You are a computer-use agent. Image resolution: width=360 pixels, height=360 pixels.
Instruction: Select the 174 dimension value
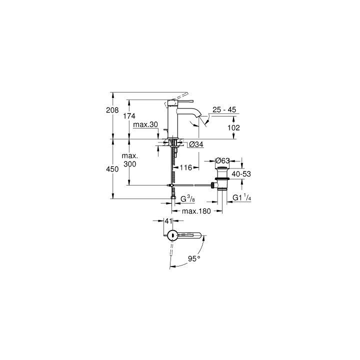128,116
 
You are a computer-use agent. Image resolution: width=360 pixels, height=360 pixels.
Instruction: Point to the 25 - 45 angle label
224,109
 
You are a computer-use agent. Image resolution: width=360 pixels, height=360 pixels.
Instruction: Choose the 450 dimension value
112,169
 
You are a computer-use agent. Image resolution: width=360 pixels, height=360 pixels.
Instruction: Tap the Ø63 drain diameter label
222,160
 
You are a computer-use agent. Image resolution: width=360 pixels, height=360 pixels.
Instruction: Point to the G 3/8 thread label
187,200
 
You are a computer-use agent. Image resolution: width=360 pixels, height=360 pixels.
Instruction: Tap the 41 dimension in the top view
168,220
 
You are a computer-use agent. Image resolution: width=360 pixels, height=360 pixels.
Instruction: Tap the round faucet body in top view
171,235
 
